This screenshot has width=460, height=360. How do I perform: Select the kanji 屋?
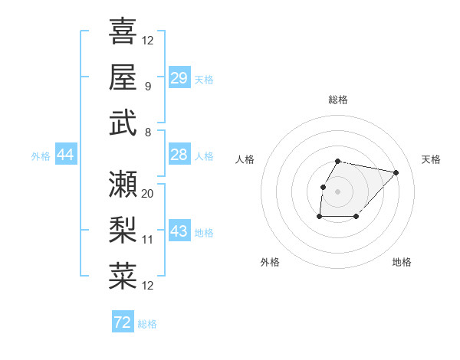[x=123, y=77]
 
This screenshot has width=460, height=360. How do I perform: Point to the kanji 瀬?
[x=123, y=184]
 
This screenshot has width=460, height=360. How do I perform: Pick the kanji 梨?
[x=123, y=230]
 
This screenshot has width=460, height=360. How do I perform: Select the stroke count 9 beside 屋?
[x=147, y=87]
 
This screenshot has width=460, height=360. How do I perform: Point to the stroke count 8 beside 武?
[x=147, y=133]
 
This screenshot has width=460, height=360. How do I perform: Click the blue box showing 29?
[x=179, y=78]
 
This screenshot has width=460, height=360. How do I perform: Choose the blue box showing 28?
[x=179, y=155]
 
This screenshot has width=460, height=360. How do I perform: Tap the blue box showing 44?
[x=65, y=155]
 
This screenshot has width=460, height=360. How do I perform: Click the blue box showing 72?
[x=122, y=323]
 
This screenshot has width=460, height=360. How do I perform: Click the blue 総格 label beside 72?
[x=147, y=324]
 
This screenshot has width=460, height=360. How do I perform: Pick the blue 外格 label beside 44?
[x=41, y=156]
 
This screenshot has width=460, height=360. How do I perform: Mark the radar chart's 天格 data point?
[x=396, y=172]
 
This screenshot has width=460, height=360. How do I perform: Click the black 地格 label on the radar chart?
[x=402, y=262]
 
